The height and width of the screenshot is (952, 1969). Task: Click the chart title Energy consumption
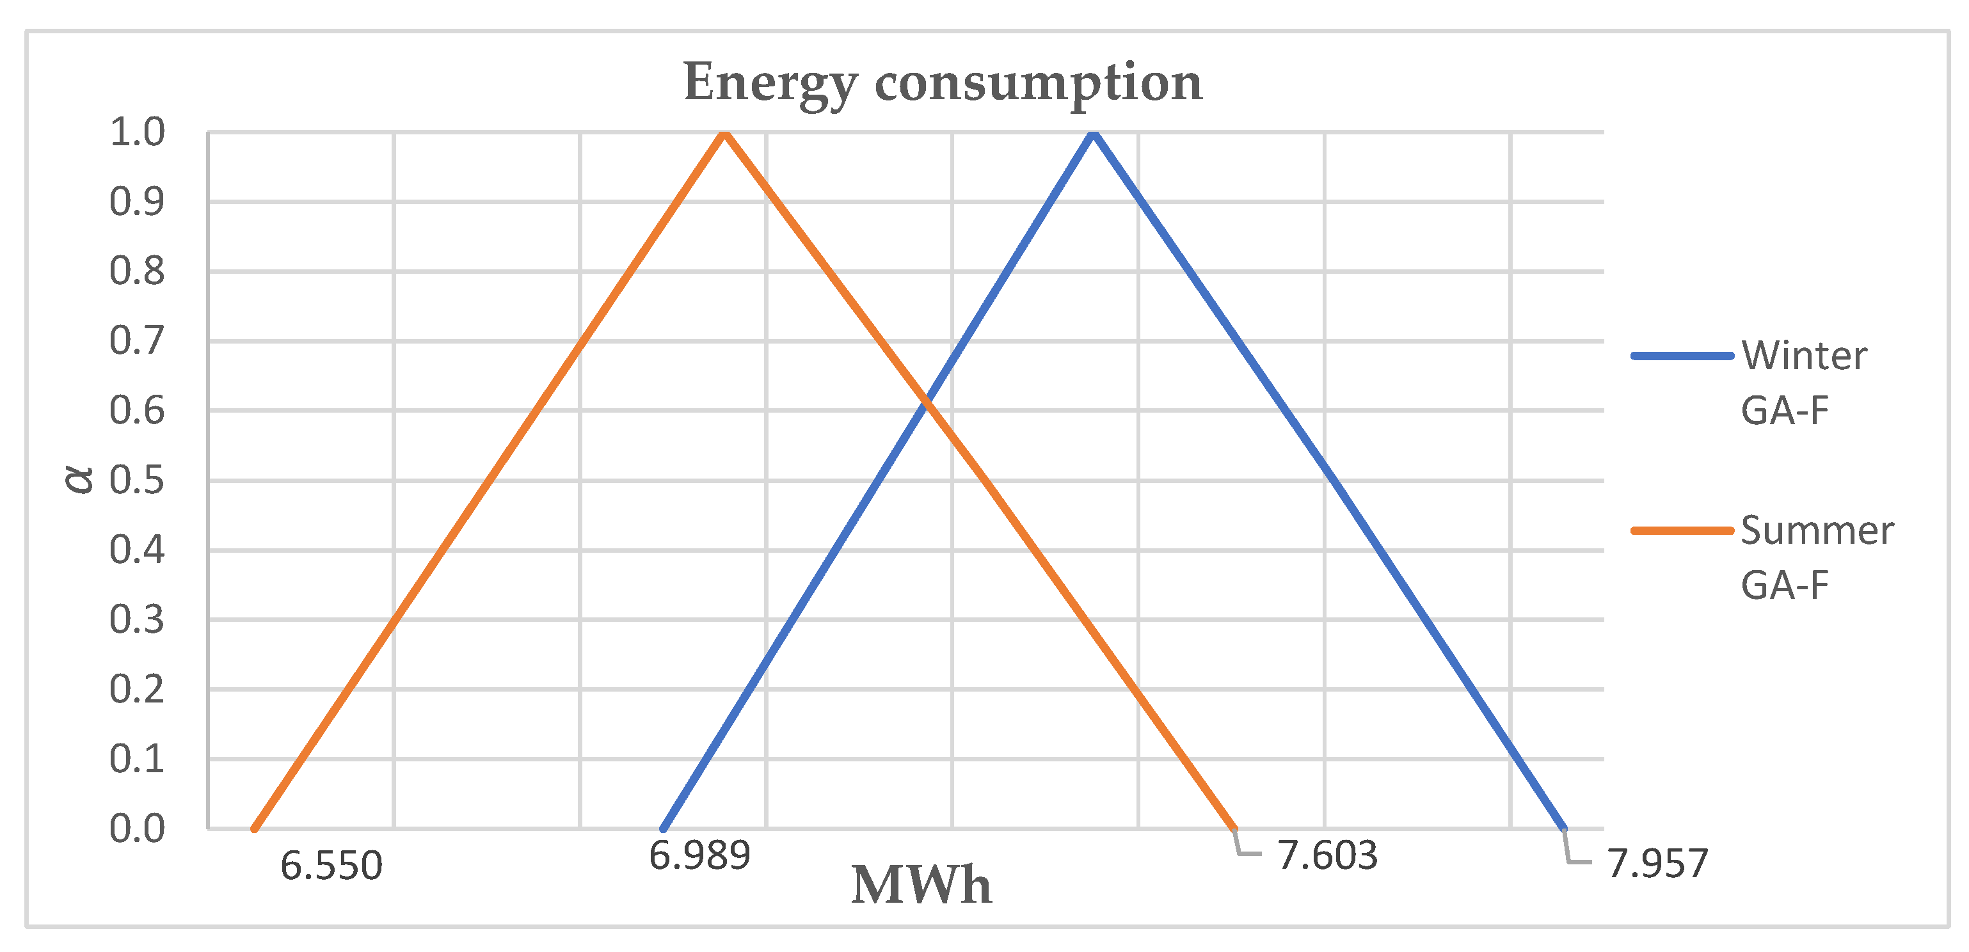point(942,83)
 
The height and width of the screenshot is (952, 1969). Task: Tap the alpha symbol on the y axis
point(79,480)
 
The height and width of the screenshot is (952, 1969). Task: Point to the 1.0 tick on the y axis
point(138,132)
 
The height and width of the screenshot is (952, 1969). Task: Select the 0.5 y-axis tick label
point(138,480)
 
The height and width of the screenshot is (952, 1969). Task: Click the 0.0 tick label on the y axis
point(138,829)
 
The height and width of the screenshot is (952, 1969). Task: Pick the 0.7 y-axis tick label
point(138,341)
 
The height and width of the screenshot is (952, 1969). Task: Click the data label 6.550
point(331,866)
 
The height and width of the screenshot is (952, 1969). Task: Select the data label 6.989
point(699,856)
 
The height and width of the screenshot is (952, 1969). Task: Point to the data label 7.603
point(1327,856)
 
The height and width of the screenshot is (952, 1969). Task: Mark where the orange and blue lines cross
point(927,404)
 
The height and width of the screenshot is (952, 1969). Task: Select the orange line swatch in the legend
point(1681,530)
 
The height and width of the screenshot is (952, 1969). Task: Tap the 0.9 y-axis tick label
point(138,202)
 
